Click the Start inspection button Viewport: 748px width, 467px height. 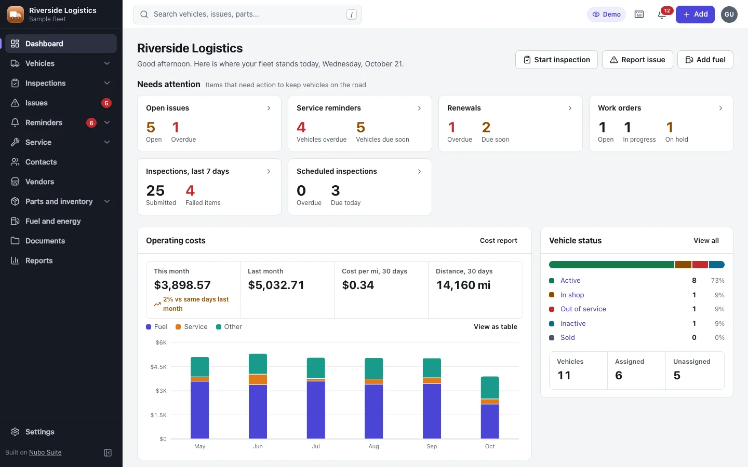coord(556,60)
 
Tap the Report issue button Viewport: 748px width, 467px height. coord(637,60)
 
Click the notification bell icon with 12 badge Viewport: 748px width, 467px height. coord(662,15)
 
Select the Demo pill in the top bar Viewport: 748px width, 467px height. coord(606,15)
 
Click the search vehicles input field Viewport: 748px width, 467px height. coord(247,15)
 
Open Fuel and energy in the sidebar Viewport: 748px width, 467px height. coord(53,221)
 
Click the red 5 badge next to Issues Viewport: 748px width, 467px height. coord(106,103)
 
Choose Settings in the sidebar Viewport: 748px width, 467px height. coord(39,432)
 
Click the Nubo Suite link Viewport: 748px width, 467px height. coord(45,452)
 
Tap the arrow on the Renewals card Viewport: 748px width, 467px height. coord(570,108)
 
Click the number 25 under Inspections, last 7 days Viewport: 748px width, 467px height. coord(155,191)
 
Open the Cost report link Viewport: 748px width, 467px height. coord(498,241)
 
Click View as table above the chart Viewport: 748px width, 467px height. coord(495,326)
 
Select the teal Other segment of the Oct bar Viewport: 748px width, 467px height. coord(490,388)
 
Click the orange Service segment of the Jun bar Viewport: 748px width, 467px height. coord(258,380)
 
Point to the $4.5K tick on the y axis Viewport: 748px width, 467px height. coord(158,366)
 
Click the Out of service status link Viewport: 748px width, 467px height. coord(583,309)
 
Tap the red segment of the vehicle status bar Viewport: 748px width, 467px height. coord(700,265)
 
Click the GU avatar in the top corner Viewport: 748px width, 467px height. coord(729,15)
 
